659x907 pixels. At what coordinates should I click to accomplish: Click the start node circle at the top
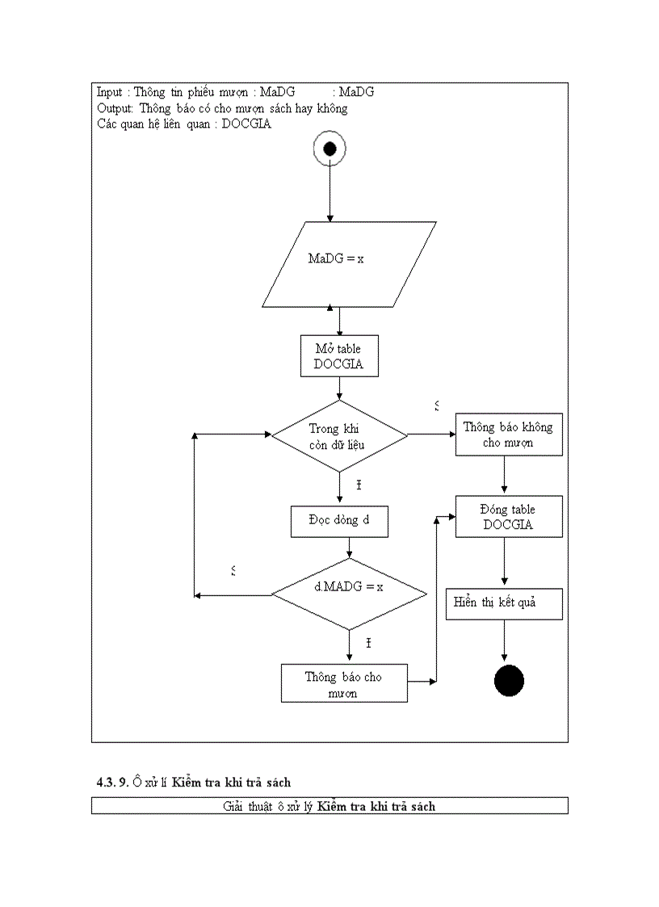click(x=329, y=149)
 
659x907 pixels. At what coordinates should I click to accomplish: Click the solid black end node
click(x=509, y=680)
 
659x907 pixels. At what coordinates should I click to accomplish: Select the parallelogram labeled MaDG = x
click(x=348, y=263)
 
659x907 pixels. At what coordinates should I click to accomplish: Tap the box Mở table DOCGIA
click(x=338, y=356)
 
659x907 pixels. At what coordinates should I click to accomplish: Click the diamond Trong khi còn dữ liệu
click(x=340, y=436)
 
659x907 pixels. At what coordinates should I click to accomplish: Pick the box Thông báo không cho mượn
click(x=508, y=435)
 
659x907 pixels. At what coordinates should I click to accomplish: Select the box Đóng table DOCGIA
click(x=508, y=517)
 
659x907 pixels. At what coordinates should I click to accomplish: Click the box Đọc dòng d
click(x=339, y=520)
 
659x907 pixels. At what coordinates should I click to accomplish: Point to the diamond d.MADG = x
click(x=349, y=594)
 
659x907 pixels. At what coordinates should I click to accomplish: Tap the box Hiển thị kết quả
click(x=504, y=603)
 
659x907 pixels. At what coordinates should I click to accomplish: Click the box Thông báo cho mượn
click(x=344, y=683)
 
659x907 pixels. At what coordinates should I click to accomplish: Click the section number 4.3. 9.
click(x=112, y=783)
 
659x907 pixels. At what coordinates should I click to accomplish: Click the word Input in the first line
click(x=110, y=92)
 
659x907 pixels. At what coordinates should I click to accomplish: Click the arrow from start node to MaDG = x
click(x=329, y=194)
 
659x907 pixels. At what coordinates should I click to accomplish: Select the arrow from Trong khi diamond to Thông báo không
click(x=432, y=435)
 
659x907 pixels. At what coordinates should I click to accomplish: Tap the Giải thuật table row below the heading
click(x=329, y=805)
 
